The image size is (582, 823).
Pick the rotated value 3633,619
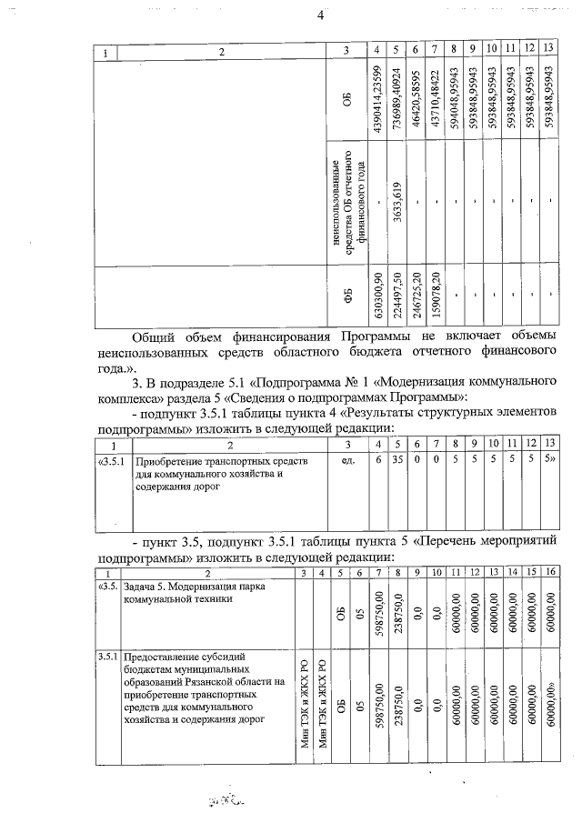[397, 202]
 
